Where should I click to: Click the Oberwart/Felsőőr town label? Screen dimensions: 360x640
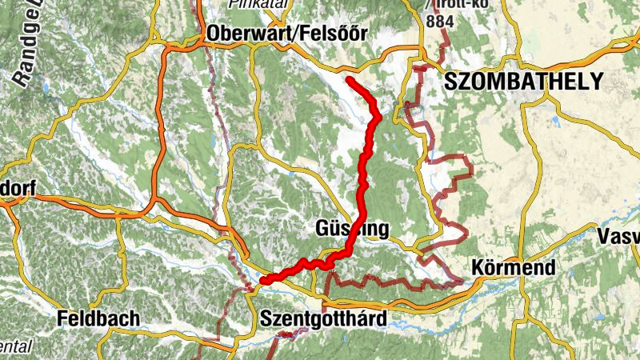point(286,34)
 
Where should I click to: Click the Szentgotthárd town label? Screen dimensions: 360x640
point(323,319)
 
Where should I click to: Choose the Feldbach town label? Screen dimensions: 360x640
point(99,318)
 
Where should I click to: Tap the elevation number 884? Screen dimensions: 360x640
point(439,22)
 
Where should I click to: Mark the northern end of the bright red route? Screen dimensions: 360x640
point(349,79)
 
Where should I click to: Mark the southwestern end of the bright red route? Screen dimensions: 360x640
point(262,280)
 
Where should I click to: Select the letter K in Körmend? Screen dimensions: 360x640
point(478,267)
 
